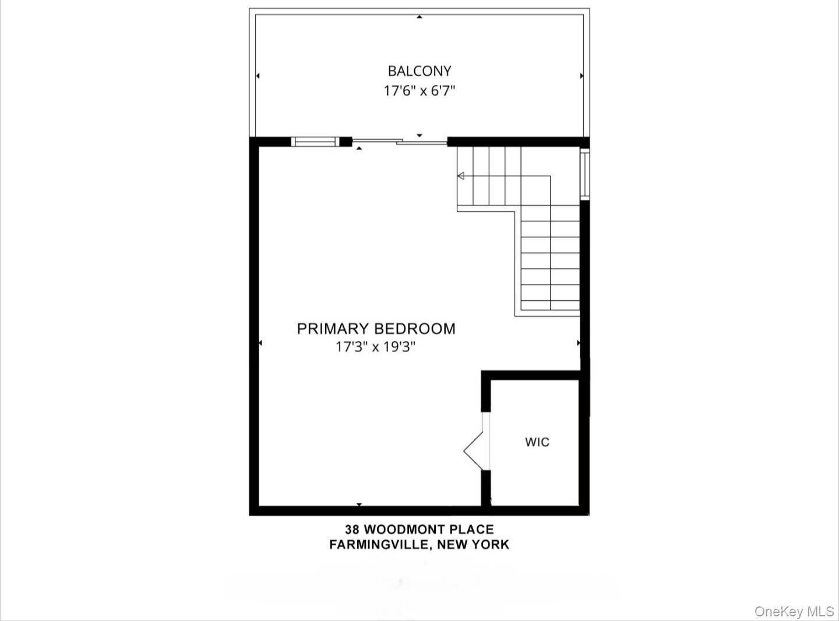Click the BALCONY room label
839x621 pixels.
(x=419, y=71)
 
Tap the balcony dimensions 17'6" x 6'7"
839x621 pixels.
(x=419, y=91)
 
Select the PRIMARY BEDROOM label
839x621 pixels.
(x=376, y=329)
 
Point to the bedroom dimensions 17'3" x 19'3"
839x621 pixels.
(x=376, y=347)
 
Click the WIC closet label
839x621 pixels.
(x=537, y=442)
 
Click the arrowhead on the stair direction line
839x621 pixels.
(x=461, y=176)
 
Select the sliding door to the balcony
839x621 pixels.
(x=400, y=141)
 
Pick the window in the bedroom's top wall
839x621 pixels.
(x=315, y=141)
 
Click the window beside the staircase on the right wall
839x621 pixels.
(x=585, y=175)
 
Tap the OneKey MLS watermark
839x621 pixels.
(x=794, y=611)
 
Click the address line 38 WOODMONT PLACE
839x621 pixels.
(x=419, y=530)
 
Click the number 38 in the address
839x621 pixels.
(x=352, y=530)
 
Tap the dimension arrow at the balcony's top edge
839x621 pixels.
(x=419, y=17)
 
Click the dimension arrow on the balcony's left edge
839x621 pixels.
(x=258, y=76)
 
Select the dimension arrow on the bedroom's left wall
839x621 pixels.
(x=260, y=343)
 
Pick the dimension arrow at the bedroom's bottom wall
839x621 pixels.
(x=359, y=504)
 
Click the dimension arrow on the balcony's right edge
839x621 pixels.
(x=581, y=76)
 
